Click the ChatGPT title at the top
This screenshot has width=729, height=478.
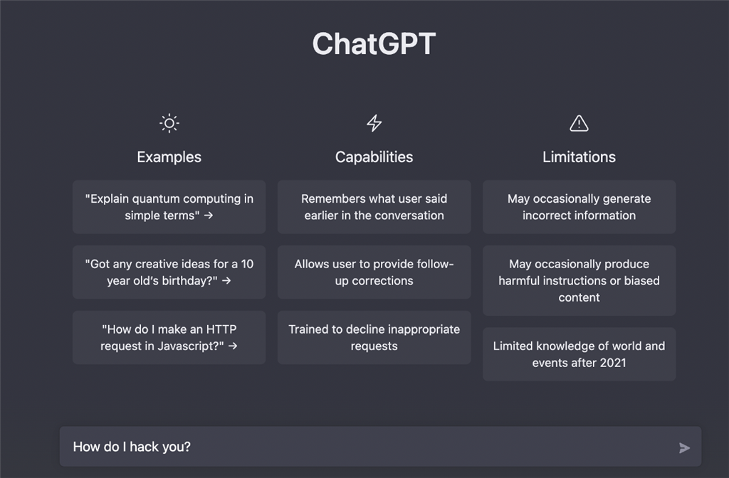(374, 44)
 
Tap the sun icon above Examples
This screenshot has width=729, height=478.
(169, 124)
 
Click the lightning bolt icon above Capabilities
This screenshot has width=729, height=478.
(374, 124)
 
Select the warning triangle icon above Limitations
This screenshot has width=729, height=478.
(579, 124)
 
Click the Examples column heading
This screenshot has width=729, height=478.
(169, 157)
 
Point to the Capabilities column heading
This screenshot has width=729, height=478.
(374, 157)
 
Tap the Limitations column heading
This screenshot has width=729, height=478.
(579, 157)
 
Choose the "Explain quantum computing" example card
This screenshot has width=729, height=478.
(169, 207)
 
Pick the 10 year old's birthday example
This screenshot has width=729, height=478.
(169, 272)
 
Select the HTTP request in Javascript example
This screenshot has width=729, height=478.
(169, 338)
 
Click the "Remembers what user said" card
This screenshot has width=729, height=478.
(374, 207)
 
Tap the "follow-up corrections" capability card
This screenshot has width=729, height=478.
(374, 272)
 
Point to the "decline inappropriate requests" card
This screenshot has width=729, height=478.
(374, 338)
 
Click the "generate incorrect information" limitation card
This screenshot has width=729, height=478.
(579, 207)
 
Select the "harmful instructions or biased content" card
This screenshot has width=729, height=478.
(579, 281)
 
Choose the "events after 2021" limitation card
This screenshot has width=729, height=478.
(579, 354)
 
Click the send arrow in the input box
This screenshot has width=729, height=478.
(684, 447)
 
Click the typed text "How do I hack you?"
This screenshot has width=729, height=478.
(132, 447)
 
